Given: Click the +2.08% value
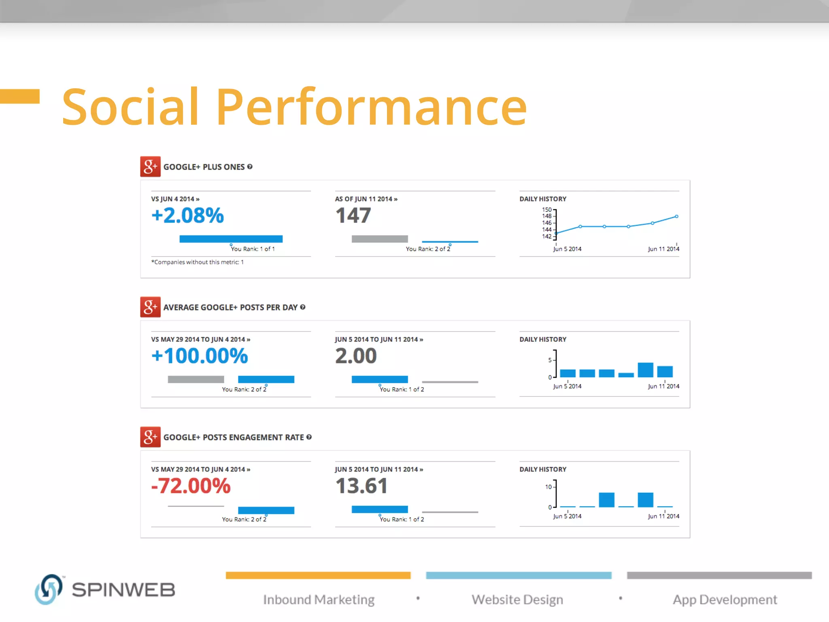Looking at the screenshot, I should [187, 215].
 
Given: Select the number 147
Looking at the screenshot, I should [353, 215].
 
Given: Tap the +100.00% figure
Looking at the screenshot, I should [199, 356].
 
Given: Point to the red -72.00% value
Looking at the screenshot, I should [191, 486].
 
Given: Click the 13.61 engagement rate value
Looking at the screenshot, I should [361, 486].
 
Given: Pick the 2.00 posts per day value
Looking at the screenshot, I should [356, 356].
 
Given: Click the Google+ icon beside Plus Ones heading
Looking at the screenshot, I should [150, 166].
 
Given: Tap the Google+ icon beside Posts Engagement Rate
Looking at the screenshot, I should [150, 437].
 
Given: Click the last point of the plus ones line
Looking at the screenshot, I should [676, 217].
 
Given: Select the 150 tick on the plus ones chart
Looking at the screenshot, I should [546, 210].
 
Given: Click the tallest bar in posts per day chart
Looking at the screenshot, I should [645, 370].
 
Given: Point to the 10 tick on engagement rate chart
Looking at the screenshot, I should [548, 487].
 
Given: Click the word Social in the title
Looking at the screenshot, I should [130, 107].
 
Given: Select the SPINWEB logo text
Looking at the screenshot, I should [123, 590].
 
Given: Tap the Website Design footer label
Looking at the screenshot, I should [517, 599].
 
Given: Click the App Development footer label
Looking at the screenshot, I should [725, 599].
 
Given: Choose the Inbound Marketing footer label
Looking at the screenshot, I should [319, 599].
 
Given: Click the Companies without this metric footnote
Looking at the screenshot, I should [198, 262].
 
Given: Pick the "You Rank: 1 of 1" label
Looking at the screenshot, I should [253, 249].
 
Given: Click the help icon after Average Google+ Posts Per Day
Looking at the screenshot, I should [303, 307].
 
